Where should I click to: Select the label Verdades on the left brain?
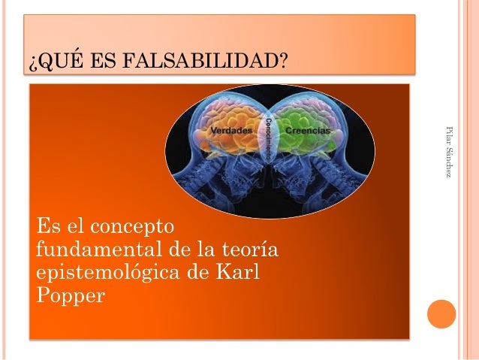pos(230,131)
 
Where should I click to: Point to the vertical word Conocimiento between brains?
pos(269,138)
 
